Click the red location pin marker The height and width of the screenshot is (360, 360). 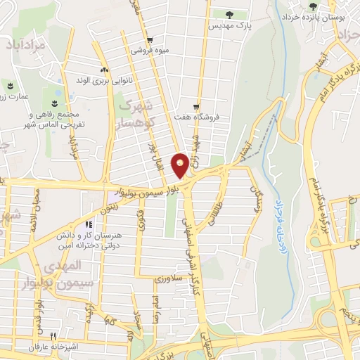[x=180, y=166]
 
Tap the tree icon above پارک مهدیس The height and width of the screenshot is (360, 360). [x=230, y=13]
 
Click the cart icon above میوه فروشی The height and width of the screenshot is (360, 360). [x=150, y=39]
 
